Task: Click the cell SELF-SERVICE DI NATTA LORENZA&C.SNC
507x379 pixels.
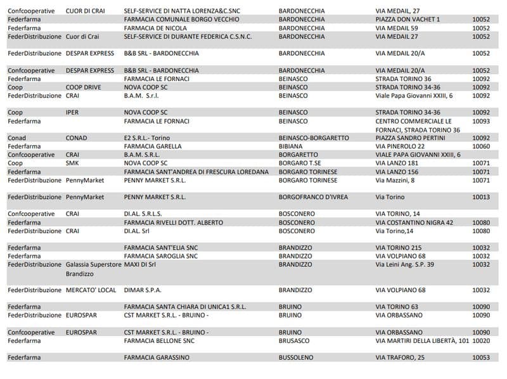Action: coord(188,11)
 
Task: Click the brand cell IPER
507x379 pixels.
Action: coord(72,112)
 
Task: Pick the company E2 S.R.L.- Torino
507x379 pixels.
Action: coord(147,138)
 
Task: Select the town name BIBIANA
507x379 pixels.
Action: coord(293,146)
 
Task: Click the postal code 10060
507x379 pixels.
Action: coord(481,146)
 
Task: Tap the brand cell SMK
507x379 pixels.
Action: coord(72,163)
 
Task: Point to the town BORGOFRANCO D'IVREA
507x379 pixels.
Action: coord(313,197)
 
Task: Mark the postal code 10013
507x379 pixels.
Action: coord(481,197)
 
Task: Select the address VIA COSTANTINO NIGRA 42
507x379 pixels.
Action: coord(414,222)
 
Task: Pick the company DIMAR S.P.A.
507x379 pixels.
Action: coord(143,290)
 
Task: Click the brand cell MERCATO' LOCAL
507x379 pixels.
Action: coord(91,290)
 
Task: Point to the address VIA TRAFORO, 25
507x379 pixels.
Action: coord(400,357)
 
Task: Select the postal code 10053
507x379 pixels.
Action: coord(481,357)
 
